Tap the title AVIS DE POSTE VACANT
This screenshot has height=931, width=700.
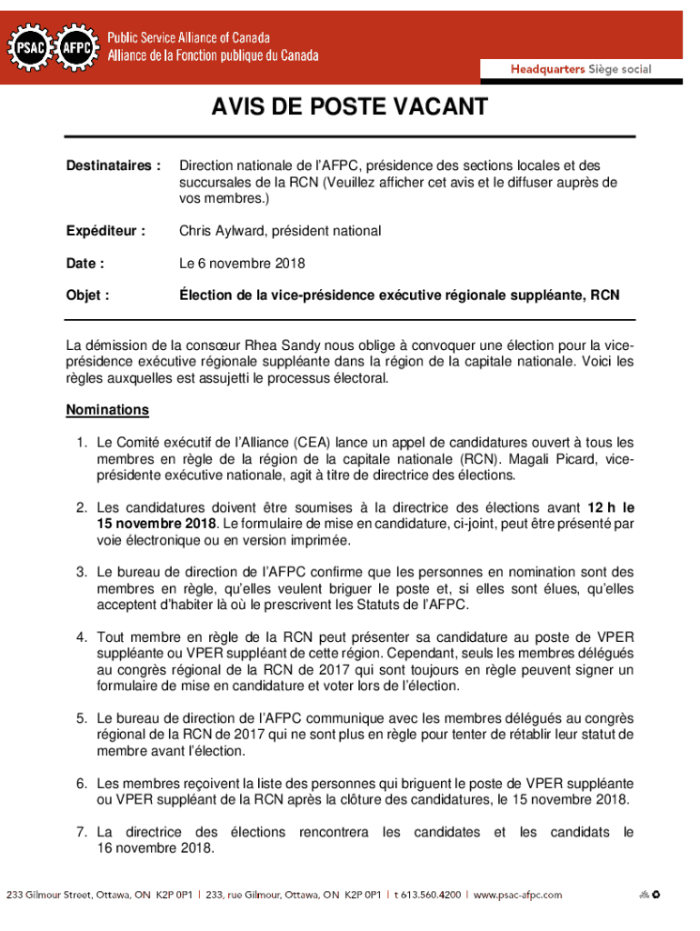tap(350, 108)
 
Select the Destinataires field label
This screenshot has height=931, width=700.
tap(114, 166)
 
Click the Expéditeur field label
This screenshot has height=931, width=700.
tap(105, 231)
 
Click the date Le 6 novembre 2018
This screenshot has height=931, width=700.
tap(242, 264)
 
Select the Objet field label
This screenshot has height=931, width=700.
tap(88, 295)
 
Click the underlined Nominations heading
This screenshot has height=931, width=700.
tap(107, 410)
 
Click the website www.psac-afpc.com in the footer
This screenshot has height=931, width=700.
tap(517, 895)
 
